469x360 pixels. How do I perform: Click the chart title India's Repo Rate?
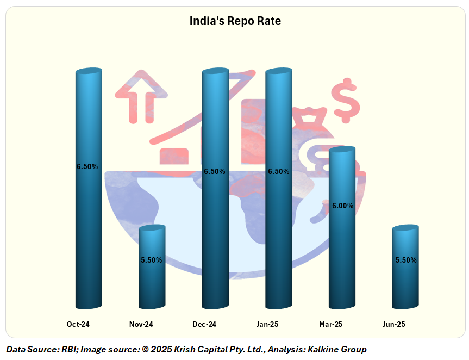(235, 21)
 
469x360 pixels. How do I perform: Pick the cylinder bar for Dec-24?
(215, 228)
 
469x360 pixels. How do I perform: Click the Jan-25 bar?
(278, 228)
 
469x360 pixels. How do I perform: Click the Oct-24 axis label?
(78, 325)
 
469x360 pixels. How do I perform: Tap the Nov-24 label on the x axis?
(141, 325)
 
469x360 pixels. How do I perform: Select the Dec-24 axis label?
(204, 325)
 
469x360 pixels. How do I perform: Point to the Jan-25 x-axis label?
(267, 325)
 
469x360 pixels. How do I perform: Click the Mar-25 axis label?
(330, 325)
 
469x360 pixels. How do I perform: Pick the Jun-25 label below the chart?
(394, 325)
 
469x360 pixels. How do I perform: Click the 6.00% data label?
(342, 206)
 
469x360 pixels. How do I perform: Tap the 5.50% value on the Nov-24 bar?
(152, 260)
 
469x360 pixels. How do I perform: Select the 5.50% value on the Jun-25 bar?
(406, 260)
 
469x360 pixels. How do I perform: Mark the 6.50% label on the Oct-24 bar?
(87, 167)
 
